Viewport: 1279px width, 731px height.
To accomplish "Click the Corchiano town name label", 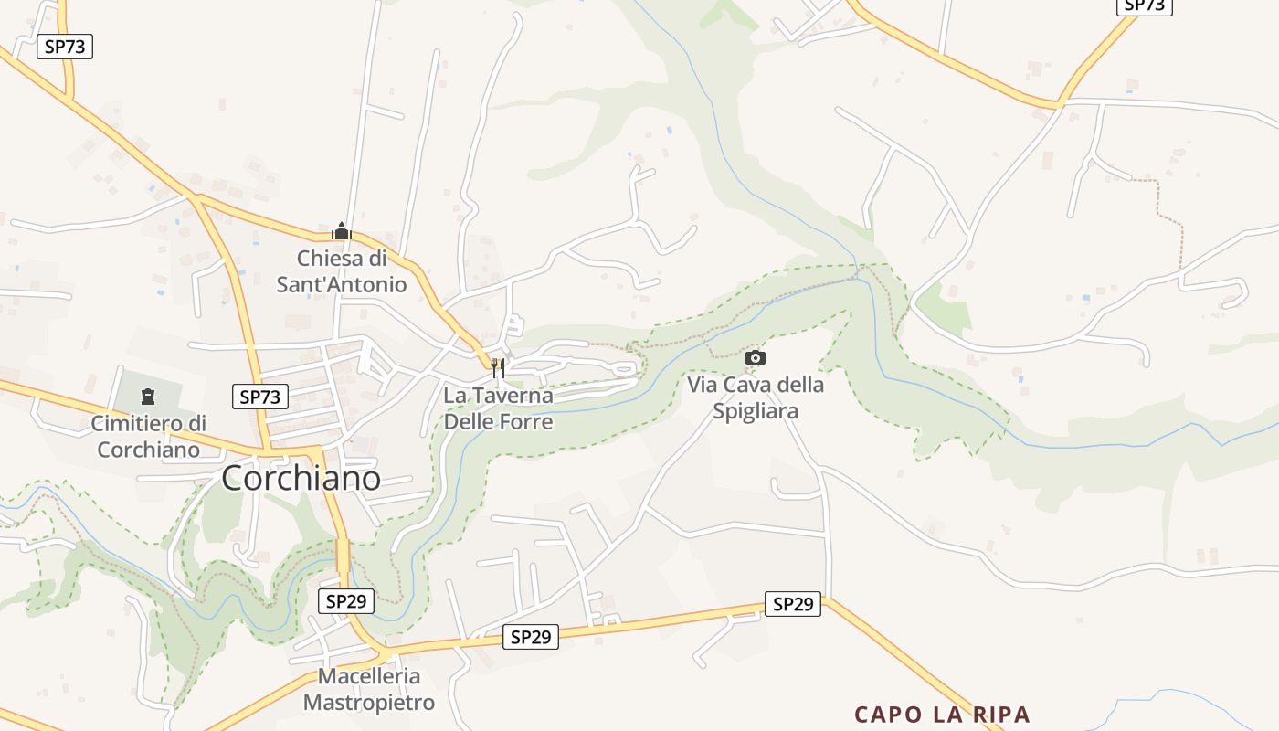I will point(301,479).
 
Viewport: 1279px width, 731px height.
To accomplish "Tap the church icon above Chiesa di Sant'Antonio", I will point(342,231).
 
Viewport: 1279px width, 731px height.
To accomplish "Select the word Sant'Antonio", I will point(342,284).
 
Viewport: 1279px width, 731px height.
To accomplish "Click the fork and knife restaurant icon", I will point(498,368).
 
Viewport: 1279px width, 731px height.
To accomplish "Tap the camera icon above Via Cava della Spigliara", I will point(756,357).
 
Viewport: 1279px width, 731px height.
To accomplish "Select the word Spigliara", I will point(756,411).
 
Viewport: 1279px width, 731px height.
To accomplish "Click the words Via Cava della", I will point(756,385).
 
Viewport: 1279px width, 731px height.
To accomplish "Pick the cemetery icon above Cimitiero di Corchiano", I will point(148,397).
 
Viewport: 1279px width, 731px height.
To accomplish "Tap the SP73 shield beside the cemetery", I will point(260,397).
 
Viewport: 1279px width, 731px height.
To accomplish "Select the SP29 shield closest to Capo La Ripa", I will point(792,604).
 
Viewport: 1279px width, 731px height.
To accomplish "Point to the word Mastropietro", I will point(369,703).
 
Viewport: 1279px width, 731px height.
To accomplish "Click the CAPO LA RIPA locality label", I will point(942,715).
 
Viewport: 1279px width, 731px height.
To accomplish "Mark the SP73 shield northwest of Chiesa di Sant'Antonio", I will point(65,47).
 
